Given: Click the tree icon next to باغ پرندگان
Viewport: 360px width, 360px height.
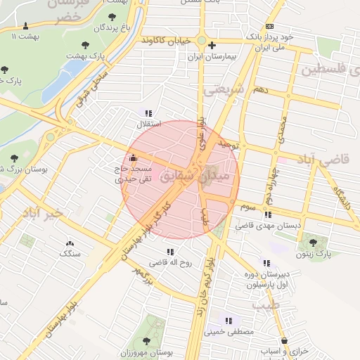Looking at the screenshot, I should tap(112, 15).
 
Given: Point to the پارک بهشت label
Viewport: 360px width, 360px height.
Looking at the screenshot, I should tap(84, 54).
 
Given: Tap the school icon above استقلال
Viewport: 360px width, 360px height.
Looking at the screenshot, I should tap(148, 113).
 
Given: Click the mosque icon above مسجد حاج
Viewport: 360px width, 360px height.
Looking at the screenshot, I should tap(134, 157).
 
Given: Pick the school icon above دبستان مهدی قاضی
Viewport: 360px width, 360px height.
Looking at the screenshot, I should tap(268, 214).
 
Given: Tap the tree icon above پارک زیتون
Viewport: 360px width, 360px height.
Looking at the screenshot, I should tap(313, 243).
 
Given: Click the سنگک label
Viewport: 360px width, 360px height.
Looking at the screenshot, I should tap(70, 252).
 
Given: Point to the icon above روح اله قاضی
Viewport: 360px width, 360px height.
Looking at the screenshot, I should tap(170, 252).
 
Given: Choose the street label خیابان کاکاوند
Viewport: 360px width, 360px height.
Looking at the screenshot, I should tap(165, 41).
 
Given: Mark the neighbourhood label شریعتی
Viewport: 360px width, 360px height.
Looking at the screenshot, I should tap(221, 90).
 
